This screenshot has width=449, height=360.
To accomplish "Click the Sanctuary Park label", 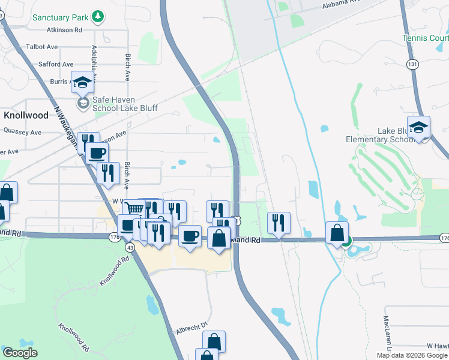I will (x=60, y=17).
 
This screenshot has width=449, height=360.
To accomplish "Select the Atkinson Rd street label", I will (x=62, y=29).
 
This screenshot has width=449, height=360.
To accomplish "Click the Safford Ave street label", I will (x=55, y=64).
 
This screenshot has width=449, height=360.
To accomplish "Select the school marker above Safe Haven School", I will (x=82, y=83).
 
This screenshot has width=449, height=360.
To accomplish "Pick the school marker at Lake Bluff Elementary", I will (x=418, y=128).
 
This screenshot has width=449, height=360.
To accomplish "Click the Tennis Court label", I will (x=426, y=38).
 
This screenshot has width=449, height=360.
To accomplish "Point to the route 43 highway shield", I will (x=130, y=246).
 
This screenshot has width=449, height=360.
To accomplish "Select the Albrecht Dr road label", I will (x=191, y=328).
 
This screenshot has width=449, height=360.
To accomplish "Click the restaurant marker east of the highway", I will (x=279, y=223).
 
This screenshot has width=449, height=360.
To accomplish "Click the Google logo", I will (x=20, y=352).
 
